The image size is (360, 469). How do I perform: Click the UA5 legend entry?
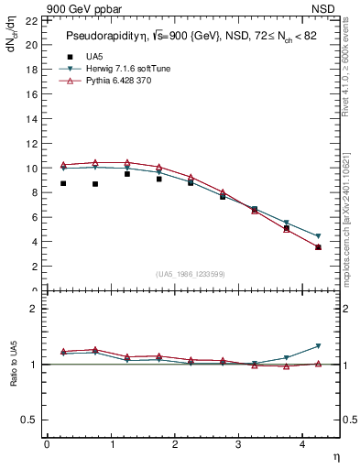94,57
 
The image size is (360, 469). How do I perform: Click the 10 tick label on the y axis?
31,169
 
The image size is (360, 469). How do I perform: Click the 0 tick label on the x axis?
47,444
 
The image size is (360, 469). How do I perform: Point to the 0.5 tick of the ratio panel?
29,420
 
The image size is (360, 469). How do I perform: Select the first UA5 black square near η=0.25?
63,183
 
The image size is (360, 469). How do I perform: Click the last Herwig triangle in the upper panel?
318,236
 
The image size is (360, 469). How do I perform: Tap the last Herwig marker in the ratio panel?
318,345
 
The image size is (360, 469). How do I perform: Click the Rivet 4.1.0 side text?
351,70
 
